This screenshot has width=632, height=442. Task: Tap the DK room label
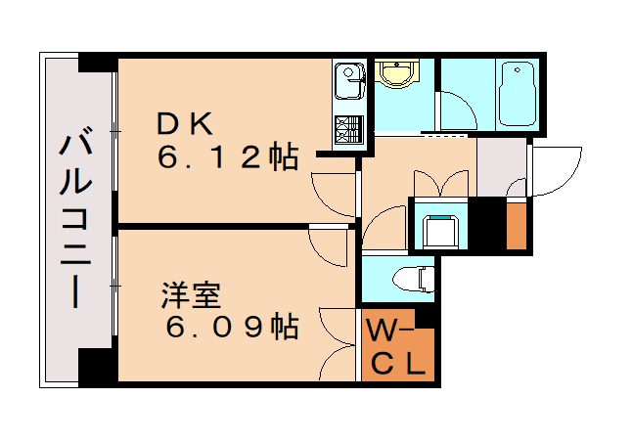[x=184, y=123]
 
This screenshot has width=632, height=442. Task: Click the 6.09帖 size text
[x=231, y=328]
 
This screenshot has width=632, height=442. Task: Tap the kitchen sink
[x=347, y=80]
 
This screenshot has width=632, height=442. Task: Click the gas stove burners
[x=347, y=128]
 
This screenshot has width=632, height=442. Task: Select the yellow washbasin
[x=398, y=73]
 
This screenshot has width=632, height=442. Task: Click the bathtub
[x=516, y=94]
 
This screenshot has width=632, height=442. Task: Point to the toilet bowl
[x=415, y=279]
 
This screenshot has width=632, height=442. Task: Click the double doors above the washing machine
[x=440, y=184]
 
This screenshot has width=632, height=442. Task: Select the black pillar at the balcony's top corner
[x=97, y=62]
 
